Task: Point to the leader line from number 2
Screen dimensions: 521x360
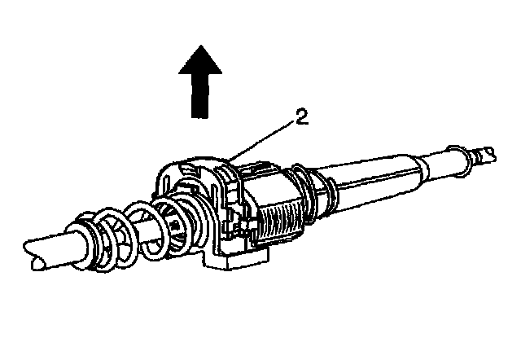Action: pos(264,138)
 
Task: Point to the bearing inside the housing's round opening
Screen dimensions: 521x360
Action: pos(176,216)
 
